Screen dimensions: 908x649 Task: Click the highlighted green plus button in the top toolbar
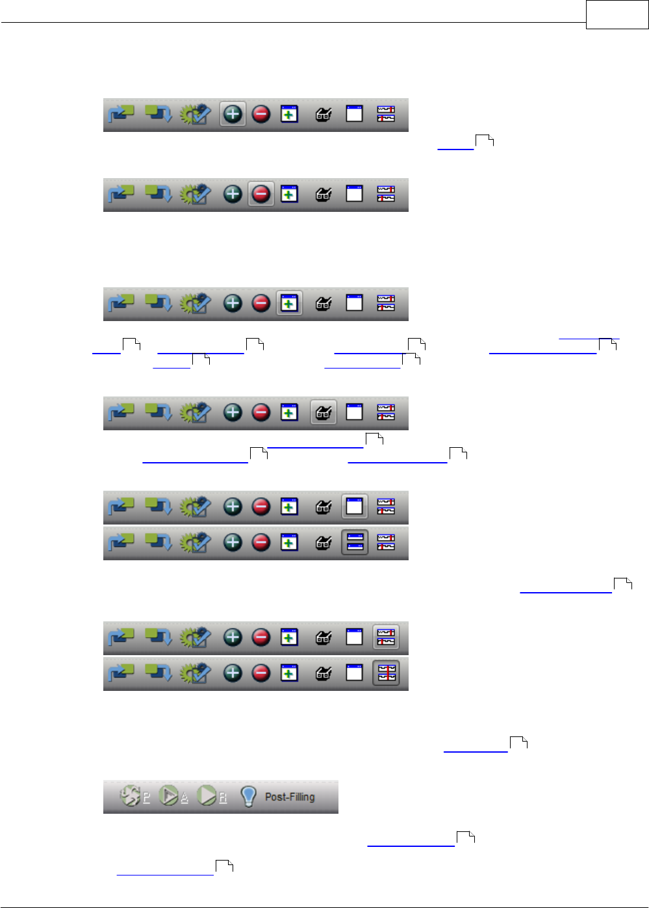[233, 114]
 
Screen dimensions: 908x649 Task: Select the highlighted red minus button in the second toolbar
[261, 194]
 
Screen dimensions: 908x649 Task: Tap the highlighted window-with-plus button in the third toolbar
[289, 304]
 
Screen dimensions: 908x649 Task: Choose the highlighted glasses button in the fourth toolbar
[324, 413]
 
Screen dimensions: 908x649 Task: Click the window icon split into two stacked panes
[355, 542]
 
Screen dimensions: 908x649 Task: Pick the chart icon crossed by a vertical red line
[386, 673]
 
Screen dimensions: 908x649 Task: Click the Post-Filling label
[290, 797]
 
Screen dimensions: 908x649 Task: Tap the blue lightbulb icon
[248, 796]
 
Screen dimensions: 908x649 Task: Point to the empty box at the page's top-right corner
[617, 14]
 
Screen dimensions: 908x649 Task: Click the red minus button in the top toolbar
[261, 114]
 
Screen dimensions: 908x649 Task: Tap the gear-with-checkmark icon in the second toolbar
[196, 194]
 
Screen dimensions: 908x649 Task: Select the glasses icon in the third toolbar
[324, 304]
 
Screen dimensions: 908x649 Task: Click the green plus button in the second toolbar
[233, 194]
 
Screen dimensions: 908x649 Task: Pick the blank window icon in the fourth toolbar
[355, 413]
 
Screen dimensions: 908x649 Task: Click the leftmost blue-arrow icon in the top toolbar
[121, 114]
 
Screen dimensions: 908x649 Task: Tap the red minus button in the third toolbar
[261, 304]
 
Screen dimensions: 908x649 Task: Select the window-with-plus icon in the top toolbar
[289, 114]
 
